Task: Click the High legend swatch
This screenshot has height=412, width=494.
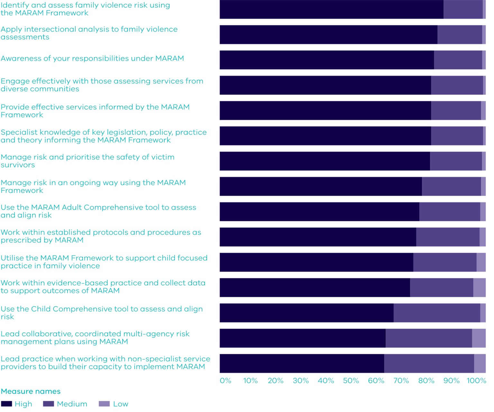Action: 6,404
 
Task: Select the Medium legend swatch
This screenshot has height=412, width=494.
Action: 48,404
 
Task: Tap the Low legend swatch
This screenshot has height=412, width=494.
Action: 104,404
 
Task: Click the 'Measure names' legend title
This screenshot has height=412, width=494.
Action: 31,391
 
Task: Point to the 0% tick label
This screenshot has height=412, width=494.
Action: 225,381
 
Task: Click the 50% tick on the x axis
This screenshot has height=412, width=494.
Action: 351,381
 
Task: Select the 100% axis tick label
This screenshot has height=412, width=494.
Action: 476,381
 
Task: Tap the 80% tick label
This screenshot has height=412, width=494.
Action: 426,381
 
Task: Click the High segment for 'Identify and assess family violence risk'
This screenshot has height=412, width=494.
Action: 331,9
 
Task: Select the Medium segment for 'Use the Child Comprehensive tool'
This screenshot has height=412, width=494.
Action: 437,313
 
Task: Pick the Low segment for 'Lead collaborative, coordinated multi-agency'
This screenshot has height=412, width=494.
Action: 479,338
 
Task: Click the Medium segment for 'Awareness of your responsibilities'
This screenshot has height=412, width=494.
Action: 458,60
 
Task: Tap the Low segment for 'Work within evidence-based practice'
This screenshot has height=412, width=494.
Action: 479,288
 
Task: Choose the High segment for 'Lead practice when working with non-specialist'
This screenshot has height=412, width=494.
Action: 302,363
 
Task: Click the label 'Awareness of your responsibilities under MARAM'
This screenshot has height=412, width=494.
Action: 92,59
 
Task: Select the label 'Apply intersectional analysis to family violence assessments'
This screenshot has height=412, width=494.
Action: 89,33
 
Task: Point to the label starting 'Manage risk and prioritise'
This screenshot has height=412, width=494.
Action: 87,161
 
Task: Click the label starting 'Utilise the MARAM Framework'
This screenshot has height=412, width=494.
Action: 104,262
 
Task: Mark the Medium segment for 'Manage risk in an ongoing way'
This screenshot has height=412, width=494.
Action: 451,186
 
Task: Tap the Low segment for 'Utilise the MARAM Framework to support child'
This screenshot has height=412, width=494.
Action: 481,262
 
